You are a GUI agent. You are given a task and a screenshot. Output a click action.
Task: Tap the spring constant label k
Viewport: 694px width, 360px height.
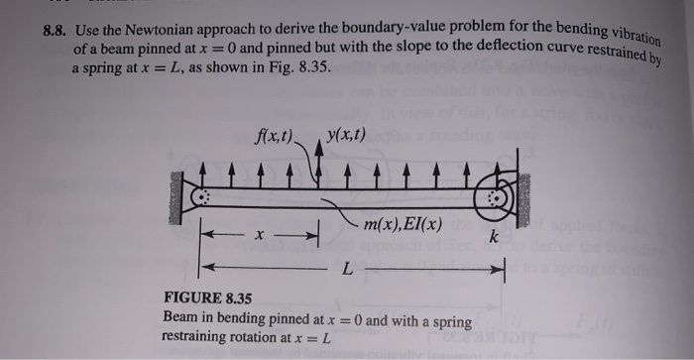point(493,238)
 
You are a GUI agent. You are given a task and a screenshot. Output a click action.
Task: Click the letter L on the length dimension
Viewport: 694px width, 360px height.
point(346,270)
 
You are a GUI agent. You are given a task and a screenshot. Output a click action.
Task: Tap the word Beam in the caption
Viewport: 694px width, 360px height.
point(178,319)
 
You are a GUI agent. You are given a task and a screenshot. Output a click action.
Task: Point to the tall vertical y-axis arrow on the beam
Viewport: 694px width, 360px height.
point(317,164)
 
